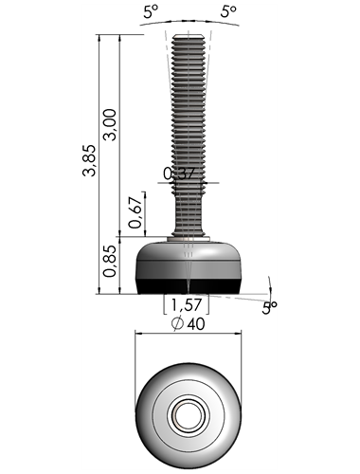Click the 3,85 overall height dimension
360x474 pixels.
point(89,160)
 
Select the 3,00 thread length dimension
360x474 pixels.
point(110,125)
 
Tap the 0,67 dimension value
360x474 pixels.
point(135,212)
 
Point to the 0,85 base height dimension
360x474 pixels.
point(110,262)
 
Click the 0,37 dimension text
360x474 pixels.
point(180,173)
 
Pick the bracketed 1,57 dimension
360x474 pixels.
point(187,304)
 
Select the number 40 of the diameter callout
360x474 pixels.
point(196,324)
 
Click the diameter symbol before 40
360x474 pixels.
point(177,323)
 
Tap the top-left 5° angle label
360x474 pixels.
point(151,11)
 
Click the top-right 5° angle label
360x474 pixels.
point(228,11)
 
